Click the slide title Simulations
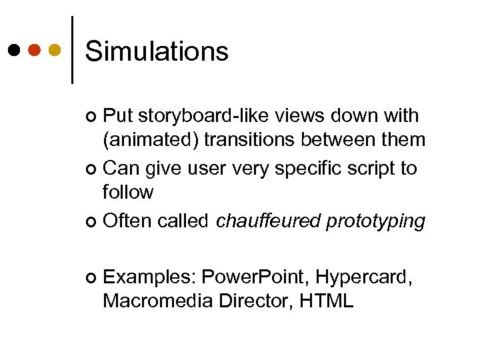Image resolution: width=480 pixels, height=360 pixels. click(157, 51)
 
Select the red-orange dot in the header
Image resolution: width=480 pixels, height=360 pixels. click(35, 50)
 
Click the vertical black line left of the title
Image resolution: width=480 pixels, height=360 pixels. click(72, 49)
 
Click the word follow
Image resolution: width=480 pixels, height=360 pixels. click(128, 193)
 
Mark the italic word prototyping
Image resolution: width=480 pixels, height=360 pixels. click(375, 221)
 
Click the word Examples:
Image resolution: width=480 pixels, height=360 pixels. click(150, 277)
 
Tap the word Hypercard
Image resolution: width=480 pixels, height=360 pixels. click(363, 277)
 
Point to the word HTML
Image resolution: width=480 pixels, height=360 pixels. click(327, 301)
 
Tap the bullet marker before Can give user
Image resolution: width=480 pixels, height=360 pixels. click(92, 169)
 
